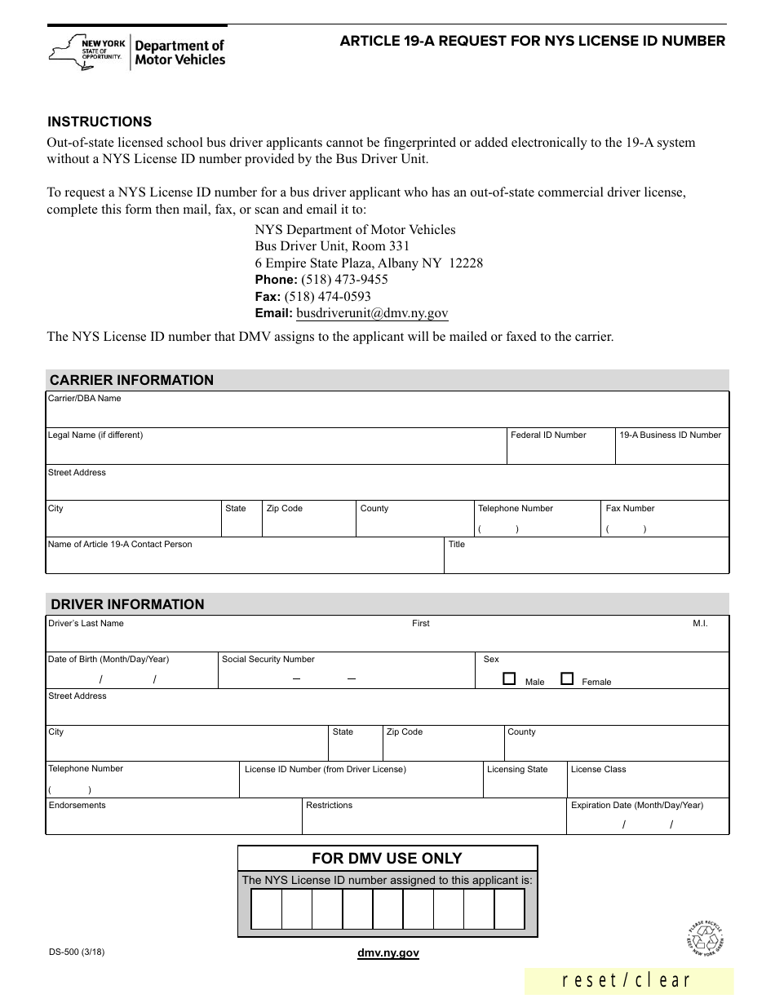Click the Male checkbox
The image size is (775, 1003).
point(510,678)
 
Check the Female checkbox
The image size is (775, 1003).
point(567,678)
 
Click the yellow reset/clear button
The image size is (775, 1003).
point(628,981)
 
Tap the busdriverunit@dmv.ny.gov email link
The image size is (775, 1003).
point(372,313)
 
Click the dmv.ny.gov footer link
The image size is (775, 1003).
point(387,952)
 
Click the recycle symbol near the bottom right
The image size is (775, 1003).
point(705,938)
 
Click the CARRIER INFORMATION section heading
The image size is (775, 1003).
point(131,380)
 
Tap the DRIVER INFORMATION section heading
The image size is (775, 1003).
point(127,604)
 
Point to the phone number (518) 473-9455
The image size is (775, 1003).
point(335,280)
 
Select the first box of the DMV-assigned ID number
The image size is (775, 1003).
point(266,909)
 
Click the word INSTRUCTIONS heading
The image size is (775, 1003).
point(100,122)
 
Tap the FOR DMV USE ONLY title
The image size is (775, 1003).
point(387,859)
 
